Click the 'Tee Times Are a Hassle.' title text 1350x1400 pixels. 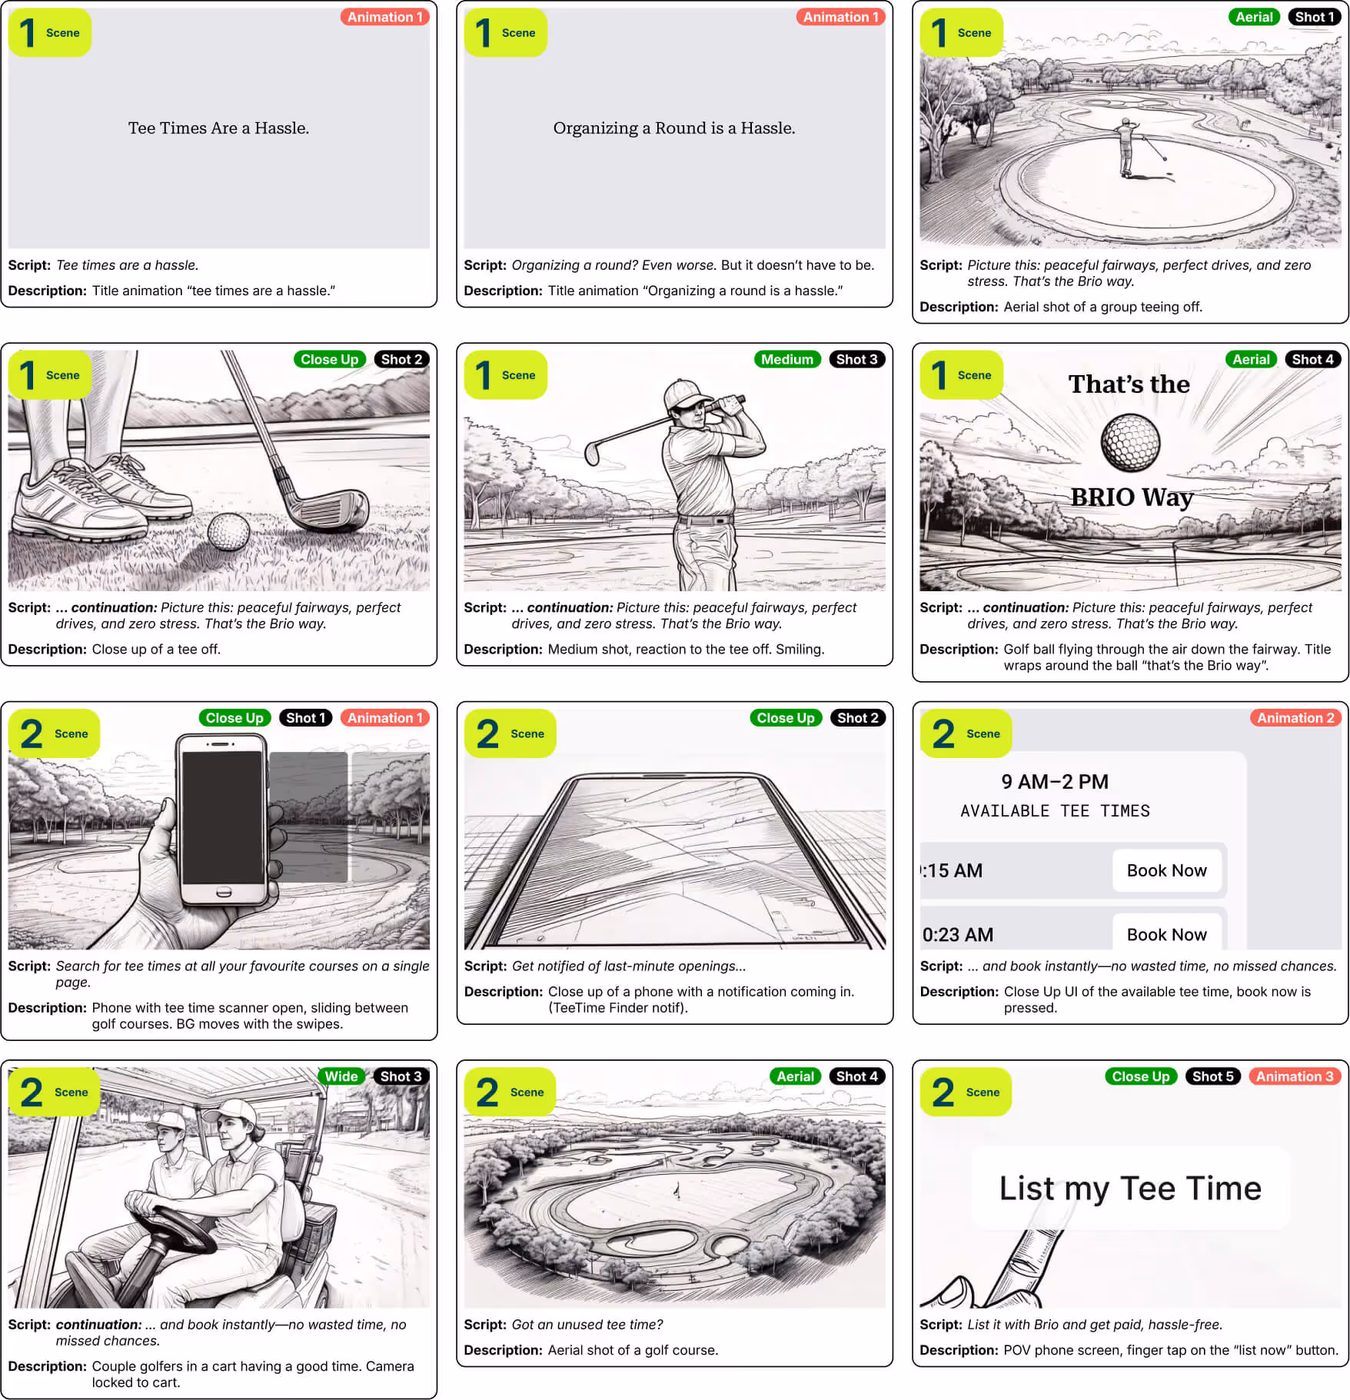pos(218,128)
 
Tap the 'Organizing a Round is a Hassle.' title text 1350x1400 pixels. pos(674,128)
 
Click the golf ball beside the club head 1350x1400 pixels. pos(228,531)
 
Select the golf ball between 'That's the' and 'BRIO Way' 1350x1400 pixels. pos(1130,443)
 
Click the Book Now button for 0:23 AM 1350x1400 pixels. pos(1167,933)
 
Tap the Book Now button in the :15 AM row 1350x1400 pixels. pos(1167,870)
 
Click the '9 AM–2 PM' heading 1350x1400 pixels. pos(1055,782)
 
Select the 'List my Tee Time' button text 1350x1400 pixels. pos(1130,1189)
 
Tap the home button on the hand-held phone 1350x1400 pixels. pos(223,893)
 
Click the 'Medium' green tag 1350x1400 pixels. pos(787,359)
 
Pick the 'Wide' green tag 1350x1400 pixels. pos(341,1076)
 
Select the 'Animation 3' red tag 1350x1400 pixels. pos(1295,1076)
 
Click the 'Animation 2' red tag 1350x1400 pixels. pos(1295,717)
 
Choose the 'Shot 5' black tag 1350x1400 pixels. pos(1213,1076)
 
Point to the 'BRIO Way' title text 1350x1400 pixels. pos(1132,497)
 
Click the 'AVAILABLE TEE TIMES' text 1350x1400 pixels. pos(1055,811)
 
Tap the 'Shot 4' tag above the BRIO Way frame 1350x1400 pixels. pos(1312,359)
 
